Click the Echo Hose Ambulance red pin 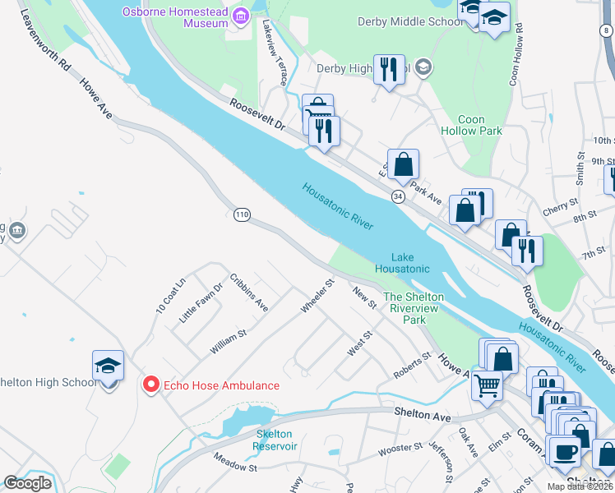click(x=151, y=385)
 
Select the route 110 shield click(x=241, y=214)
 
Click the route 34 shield click(x=398, y=197)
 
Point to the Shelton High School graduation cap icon click(x=108, y=366)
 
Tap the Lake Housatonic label click(x=402, y=263)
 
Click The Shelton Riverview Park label click(x=414, y=308)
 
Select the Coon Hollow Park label click(x=471, y=125)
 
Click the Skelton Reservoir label click(x=275, y=440)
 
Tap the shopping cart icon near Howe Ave click(x=487, y=385)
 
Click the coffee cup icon click(x=564, y=450)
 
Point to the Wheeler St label click(x=317, y=297)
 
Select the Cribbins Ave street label click(x=249, y=292)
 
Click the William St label click(x=228, y=343)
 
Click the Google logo click(x=27, y=482)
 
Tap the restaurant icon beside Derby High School click(x=387, y=69)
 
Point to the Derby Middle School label click(x=411, y=21)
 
